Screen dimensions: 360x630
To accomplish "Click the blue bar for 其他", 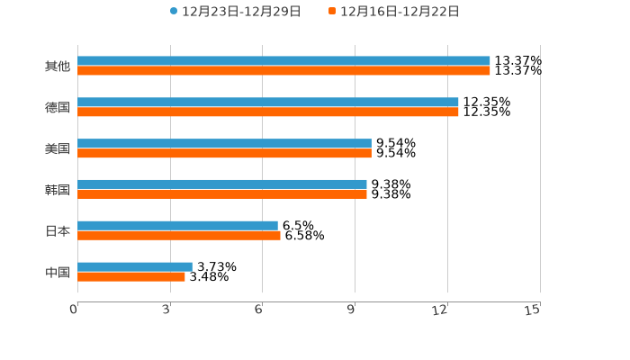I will point(283,61).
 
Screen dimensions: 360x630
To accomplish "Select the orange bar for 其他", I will point(283,71).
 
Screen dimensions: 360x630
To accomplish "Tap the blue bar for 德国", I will point(268,103).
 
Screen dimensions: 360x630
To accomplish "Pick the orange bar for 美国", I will point(224,154).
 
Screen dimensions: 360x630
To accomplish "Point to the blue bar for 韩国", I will point(222,184).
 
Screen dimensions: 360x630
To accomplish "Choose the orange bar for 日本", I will point(179,236).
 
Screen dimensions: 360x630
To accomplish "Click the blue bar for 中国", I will point(135,266).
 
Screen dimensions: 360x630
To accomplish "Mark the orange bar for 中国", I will point(131,277).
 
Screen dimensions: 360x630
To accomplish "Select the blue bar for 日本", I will point(177,226).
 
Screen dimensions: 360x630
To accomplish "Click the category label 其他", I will point(58,67).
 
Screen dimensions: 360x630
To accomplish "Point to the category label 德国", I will point(58,108).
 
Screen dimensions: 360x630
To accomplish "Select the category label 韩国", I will point(58,190).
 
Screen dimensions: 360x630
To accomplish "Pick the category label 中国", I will point(58,272).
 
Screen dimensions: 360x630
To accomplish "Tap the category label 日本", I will point(58,231).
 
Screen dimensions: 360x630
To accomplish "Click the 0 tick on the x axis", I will point(75,310).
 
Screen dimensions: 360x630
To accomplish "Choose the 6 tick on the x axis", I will point(259,310).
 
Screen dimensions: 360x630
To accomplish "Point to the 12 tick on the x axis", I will point(440,310).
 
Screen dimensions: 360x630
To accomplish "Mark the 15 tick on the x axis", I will point(533,310).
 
